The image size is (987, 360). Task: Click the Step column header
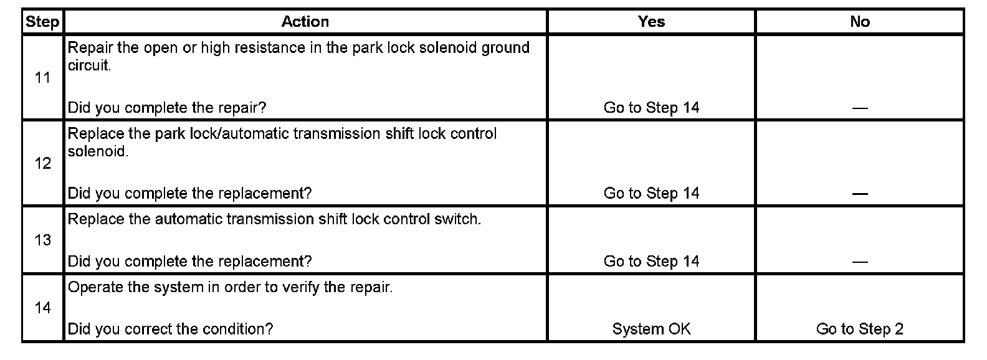[x=42, y=22]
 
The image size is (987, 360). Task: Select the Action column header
[x=305, y=22]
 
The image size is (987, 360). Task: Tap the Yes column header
[x=651, y=22]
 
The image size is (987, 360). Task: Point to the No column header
[x=859, y=22]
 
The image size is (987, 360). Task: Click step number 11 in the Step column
[x=42, y=78]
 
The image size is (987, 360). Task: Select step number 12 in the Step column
[x=42, y=163]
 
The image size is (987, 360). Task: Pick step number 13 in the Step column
[x=42, y=240]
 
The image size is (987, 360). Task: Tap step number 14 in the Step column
[x=42, y=308]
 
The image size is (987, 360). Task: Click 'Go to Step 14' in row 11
[x=651, y=108]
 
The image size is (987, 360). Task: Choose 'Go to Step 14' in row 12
[x=651, y=193]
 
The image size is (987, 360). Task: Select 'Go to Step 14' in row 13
[x=651, y=261]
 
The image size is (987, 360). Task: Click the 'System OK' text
[x=651, y=329]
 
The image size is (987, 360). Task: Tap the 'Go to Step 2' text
[x=859, y=329]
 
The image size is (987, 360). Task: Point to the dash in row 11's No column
[x=860, y=108]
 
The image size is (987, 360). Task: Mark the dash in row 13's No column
[x=860, y=262]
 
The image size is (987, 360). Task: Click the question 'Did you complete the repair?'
[x=166, y=108]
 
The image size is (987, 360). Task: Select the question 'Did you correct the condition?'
[x=170, y=329]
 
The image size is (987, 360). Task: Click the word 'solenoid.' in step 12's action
[x=98, y=151]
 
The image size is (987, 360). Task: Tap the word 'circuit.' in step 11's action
[x=89, y=65]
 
